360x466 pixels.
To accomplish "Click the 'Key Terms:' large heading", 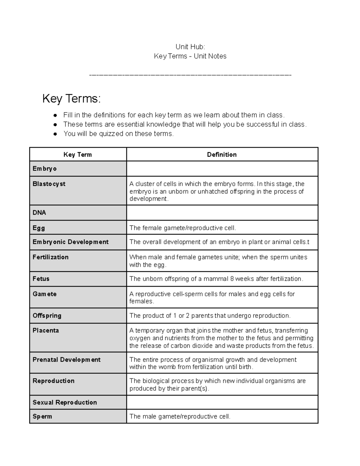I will (71, 99).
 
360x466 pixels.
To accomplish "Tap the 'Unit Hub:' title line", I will (190, 47).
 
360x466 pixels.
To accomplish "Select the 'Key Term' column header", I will (77, 155).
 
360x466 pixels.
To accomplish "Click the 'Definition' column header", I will (222, 155).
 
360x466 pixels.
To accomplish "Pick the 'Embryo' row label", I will (45, 169).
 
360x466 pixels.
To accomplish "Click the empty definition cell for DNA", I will (222, 213).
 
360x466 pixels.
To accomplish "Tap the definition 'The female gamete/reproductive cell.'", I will (182, 228).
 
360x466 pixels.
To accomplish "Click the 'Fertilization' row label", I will (50, 257).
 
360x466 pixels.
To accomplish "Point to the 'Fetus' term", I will (41, 279).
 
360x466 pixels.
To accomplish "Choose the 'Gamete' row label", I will (44, 294).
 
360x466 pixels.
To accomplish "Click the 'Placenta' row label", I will (46, 330).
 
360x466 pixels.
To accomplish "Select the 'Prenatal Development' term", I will (66, 359).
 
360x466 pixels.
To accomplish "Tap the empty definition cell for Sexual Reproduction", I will (222, 402).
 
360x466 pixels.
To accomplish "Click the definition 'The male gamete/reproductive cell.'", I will (180, 416).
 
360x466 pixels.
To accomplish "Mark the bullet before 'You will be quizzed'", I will (55, 134).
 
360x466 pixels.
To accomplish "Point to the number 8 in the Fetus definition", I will (232, 279).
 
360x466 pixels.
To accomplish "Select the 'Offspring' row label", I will (47, 316).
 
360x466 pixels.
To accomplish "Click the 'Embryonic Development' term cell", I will (70, 242).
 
